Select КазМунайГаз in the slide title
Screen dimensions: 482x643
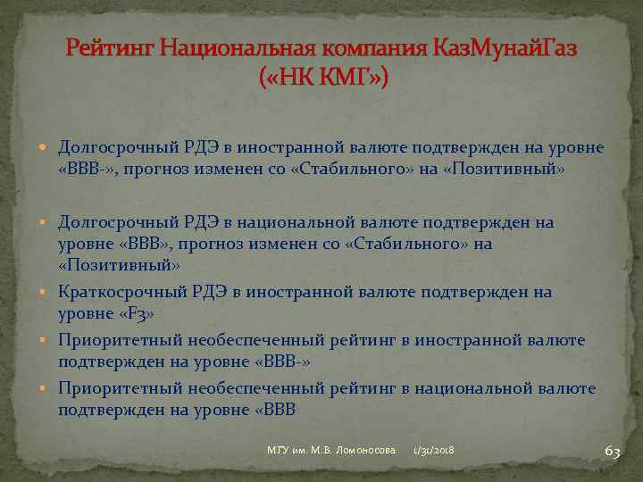505,47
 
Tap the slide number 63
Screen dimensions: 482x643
612,452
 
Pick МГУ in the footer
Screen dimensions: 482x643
280,452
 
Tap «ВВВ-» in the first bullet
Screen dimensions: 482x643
87,168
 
